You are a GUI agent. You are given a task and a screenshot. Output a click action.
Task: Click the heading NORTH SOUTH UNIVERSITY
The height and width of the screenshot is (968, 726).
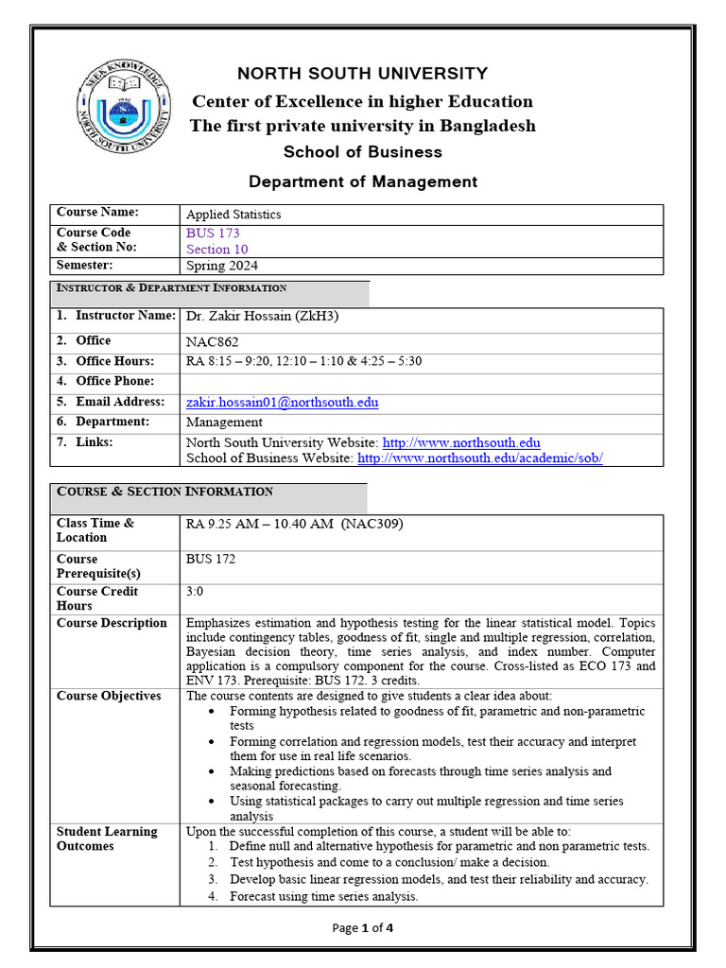point(362,74)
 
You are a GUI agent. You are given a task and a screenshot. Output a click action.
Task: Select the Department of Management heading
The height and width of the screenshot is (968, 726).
point(362,181)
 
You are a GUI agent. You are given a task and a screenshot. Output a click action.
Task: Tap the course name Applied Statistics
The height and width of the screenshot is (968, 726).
point(233,215)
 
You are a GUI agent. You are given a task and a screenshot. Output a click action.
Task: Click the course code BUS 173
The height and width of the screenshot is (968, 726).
point(213,233)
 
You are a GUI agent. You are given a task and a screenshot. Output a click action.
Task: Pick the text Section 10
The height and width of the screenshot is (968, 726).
point(216,250)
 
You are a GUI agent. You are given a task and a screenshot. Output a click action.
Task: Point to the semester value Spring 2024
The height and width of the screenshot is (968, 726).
point(222,266)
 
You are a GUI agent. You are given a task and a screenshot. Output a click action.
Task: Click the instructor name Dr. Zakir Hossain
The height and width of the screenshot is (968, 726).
point(262,317)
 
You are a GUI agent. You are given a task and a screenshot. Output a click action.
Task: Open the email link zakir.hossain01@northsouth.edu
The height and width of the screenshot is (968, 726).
point(282,402)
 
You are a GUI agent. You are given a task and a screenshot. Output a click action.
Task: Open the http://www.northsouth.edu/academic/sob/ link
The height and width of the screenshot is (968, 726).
point(479,458)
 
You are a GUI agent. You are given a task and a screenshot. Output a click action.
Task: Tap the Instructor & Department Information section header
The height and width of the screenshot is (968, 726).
point(172,288)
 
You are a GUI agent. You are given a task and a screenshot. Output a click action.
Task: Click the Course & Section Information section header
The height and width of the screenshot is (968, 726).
point(165,492)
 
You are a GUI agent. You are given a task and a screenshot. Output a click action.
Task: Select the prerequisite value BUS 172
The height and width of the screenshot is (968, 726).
point(211,559)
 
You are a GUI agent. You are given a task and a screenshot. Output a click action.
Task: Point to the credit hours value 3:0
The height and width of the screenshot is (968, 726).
point(195,591)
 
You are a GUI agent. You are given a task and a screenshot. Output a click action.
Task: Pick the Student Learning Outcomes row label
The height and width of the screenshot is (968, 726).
point(107,838)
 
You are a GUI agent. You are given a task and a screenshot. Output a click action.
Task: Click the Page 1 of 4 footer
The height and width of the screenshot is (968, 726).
point(362,927)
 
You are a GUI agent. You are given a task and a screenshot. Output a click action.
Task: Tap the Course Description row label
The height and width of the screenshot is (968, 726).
point(112,623)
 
